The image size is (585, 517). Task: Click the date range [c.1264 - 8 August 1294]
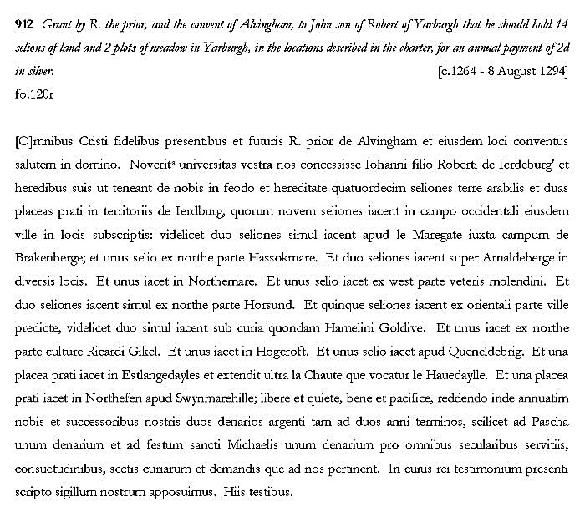point(502,72)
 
